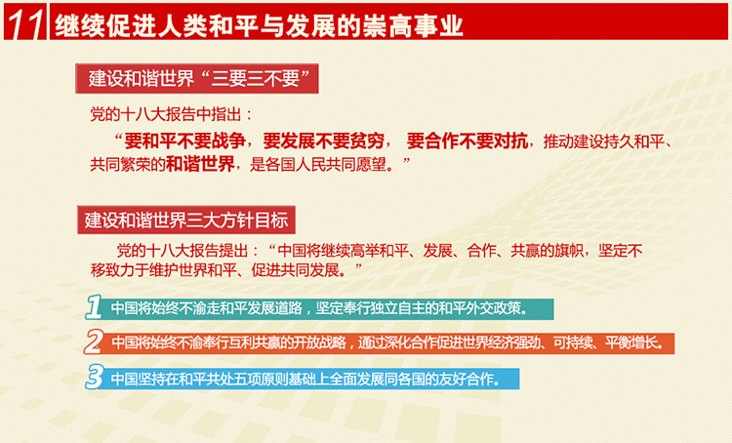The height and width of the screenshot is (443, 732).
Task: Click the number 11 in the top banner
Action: [x=24, y=23]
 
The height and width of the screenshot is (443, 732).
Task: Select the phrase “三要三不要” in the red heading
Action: [x=261, y=78]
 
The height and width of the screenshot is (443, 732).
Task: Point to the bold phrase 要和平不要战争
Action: [x=185, y=141]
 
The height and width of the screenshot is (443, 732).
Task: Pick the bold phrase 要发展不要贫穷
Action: [x=324, y=141]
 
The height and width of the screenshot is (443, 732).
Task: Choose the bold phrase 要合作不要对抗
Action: [x=468, y=141]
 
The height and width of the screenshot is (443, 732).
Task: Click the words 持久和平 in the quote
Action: [x=633, y=141]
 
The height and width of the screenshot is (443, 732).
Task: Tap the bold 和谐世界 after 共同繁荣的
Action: [x=200, y=164]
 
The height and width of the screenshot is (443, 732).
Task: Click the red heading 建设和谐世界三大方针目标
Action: [x=186, y=220]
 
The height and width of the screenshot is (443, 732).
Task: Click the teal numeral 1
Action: [x=94, y=307]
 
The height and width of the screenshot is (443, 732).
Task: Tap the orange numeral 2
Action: [x=94, y=342]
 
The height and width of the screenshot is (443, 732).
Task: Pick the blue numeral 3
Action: [x=95, y=377]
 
